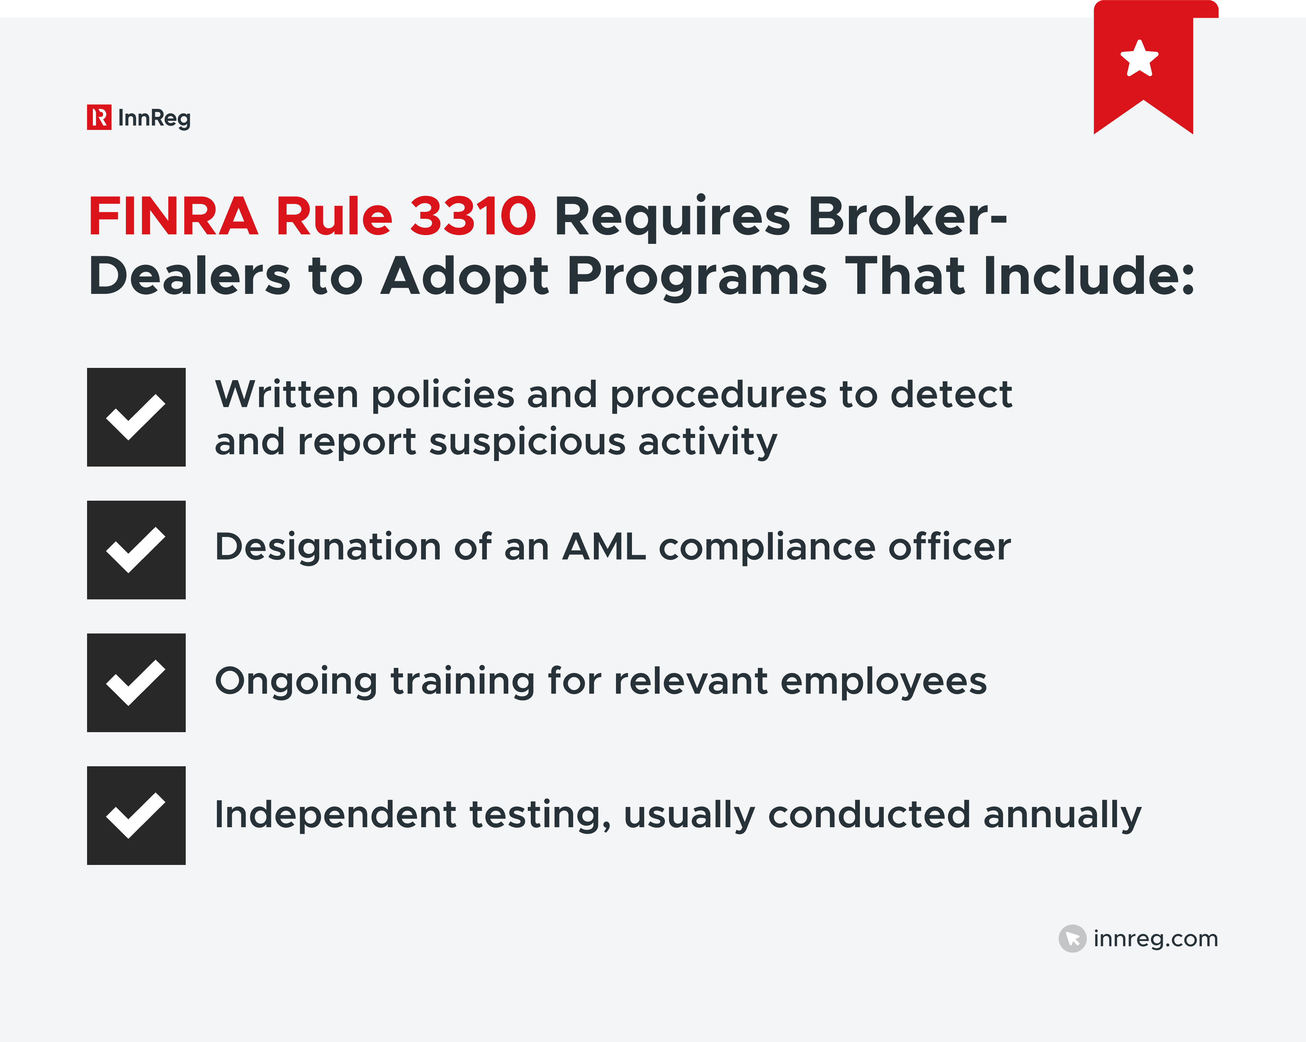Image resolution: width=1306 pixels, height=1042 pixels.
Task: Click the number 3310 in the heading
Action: [x=472, y=216]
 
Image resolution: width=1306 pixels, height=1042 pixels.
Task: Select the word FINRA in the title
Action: [x=173, y=216]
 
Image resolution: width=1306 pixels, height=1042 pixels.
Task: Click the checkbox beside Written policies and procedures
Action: [x=136, y=417]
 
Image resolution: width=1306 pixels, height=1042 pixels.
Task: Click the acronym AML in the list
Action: [x=604, y=547]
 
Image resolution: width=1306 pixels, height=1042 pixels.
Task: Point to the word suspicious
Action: [x=527, y=441]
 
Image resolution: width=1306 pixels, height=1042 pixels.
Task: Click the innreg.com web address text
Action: [x=1155, y=938]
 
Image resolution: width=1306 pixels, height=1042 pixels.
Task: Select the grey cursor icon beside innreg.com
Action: [x=1072, y=938]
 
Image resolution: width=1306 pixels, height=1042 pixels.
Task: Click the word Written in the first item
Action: [x=287, y=394]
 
